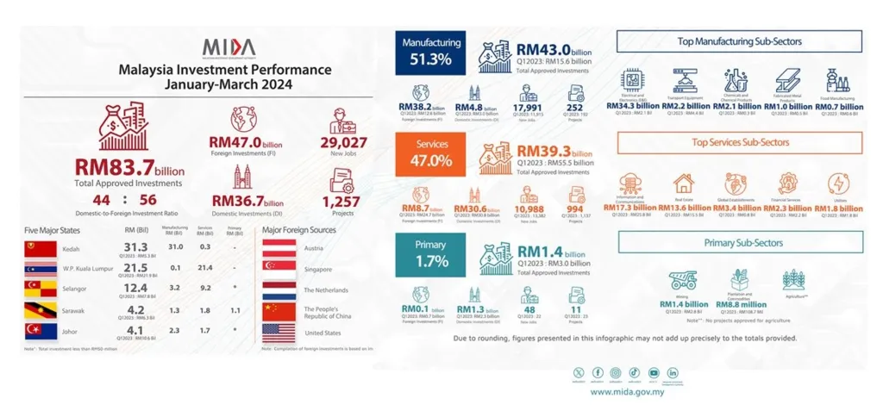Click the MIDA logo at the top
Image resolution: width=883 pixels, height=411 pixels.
(x=230, y=47)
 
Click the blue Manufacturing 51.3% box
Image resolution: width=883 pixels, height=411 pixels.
(x=431, y=53)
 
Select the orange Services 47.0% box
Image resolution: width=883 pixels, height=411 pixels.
(x=431, y=153)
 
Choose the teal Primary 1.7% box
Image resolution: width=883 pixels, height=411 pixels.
(x=431, y=252)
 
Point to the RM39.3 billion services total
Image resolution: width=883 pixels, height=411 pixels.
(x=556, y=150)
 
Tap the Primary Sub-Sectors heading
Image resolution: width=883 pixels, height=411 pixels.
(x=740, y=243)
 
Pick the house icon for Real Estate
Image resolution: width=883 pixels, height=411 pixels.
(x=683, y=184)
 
